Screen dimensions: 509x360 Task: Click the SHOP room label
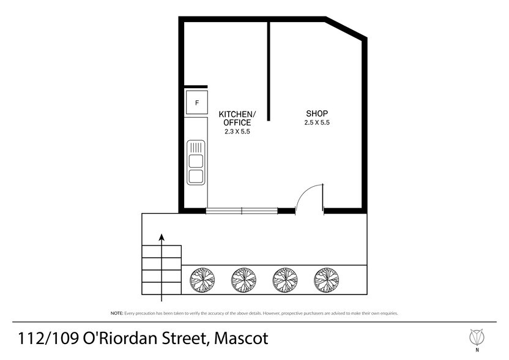tap(317, 113)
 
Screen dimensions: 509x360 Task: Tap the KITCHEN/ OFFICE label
tap(237, 118)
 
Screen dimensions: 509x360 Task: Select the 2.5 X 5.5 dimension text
tap(317, 122)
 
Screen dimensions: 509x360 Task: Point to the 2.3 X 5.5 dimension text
tap(237, 132)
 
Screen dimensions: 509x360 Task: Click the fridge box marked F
tap(197, 103)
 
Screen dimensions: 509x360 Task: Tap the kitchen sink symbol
tap(196, 162)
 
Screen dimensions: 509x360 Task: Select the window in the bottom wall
tap(242, 211)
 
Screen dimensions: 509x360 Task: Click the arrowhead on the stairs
tap(162, 237)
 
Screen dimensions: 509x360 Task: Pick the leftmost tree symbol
tap(202, 280)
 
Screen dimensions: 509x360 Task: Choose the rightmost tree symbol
tap(326, 280)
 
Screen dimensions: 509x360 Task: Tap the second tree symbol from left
tap(243, 280)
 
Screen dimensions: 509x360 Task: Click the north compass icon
tap(477, 338)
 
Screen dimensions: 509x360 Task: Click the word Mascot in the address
tap(241, 338)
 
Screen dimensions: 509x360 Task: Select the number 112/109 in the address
tap(48, 338)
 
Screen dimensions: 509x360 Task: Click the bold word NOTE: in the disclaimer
tap(117, 313)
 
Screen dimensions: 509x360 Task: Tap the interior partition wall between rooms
tap(269, 72)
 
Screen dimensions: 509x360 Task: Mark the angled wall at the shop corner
tap(346, 29)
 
